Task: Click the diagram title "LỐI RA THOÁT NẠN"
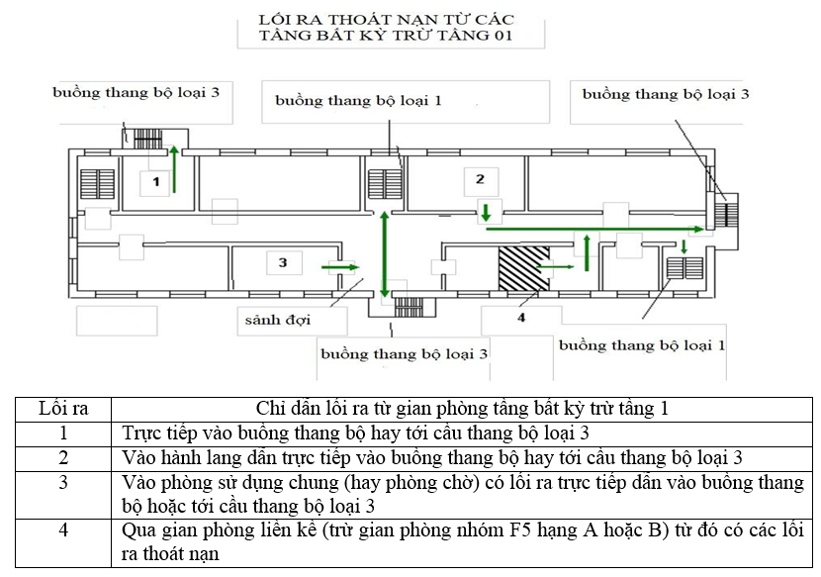tap(385, 20)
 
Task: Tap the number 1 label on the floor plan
tap(155, 182)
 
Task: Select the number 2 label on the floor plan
tap(480, 179)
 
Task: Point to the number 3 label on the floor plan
tap(282, 262)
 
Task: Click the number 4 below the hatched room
tap(520, 317)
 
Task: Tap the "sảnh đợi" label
tap(274, 320)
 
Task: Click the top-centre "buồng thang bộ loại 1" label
tap(358, 100)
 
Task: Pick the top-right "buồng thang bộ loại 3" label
tap(665, 94)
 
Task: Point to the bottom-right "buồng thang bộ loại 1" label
tap(642, 345)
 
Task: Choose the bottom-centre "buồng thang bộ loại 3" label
tap(404, 352)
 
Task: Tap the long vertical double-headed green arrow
tap(385, 256)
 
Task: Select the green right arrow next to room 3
tap(340, 266)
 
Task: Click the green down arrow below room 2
tap(486, 212)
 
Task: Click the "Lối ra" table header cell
tap(63, 408)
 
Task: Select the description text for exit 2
tap(432, 457)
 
